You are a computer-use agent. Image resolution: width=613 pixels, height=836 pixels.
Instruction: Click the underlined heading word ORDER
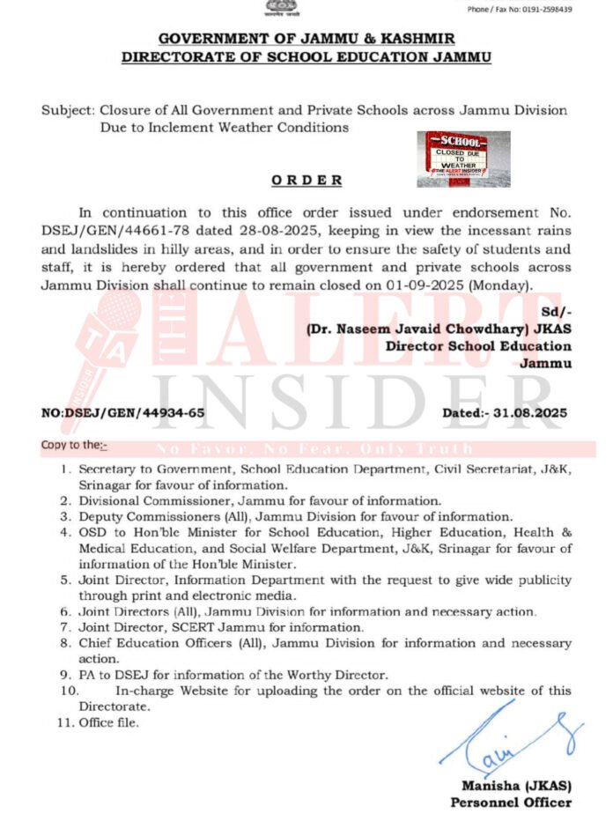pos(306,181)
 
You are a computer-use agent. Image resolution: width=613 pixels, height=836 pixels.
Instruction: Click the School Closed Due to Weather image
pos(463,159)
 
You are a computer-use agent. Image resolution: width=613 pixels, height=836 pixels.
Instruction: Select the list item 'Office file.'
pos(109,723)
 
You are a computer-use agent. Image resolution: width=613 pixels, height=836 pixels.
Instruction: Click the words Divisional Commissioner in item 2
pos(147,500)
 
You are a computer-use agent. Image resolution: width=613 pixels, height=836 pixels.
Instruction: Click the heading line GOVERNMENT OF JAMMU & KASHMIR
pos(306,41)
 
